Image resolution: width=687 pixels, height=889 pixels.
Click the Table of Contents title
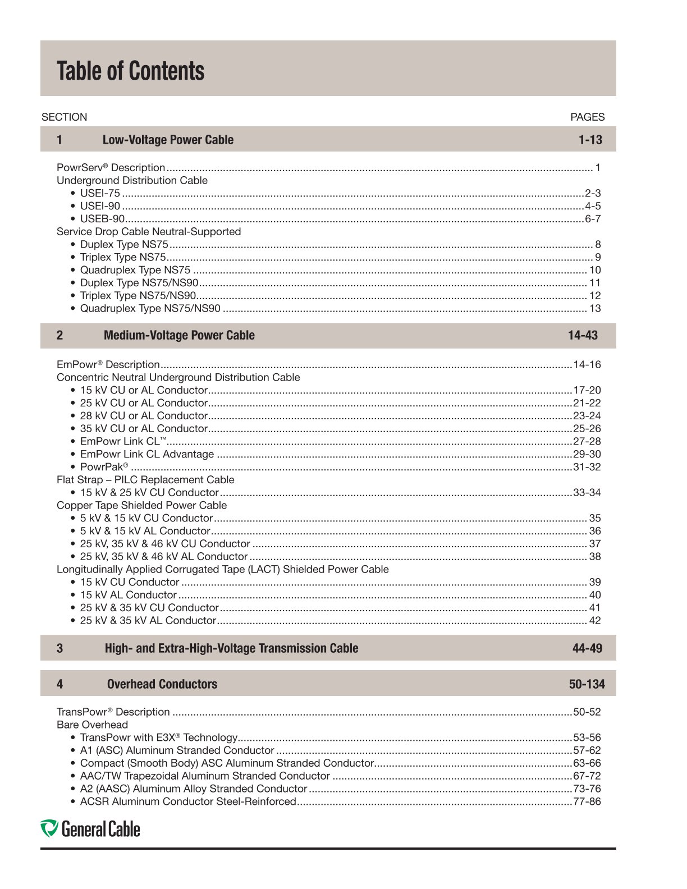coord(130,71)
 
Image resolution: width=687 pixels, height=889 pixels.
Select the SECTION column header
coord(64,117)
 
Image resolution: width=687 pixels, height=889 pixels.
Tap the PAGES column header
coord(587,117)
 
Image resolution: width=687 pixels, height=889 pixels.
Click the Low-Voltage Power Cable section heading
coord(168,140)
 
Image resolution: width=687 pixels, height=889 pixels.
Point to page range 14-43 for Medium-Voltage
coord(583,335)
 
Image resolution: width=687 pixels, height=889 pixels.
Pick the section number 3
coord(59,648)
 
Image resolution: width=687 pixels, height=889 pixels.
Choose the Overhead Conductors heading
coord(162,684)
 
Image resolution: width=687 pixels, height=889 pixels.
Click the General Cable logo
coord(90,829)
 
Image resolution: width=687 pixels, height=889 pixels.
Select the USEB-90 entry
coord(102,219)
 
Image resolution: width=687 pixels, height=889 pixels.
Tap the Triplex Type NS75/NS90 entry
coord(138,296)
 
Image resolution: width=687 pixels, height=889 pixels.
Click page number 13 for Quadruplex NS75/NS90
coord(595,309)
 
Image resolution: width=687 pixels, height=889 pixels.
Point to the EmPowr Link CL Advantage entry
coord(146,454)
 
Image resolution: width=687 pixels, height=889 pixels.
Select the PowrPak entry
coord(104,467)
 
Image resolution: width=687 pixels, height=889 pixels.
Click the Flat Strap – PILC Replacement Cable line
coord(145,480)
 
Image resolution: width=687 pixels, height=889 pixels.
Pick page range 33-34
coord(587,493)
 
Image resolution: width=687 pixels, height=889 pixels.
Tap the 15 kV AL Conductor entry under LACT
coord(128,595)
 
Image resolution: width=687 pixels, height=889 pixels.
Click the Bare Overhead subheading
coord(92,725)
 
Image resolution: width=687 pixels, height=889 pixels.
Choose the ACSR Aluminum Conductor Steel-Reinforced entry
coord(187,801)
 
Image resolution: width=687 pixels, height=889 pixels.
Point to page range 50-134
coord(587,684)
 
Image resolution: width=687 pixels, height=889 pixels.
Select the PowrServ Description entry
coord(111,168)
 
